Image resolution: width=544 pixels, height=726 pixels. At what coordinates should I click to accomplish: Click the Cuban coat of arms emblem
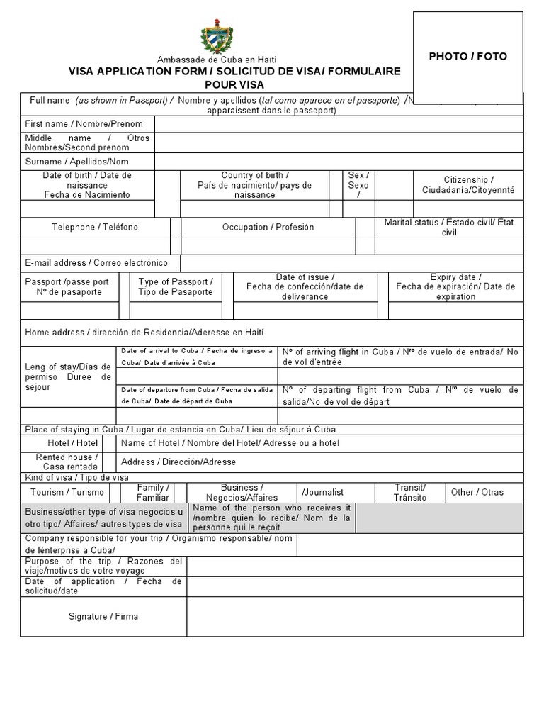tap(217, 37)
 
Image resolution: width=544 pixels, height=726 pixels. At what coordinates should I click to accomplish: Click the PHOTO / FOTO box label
tap(467, 57)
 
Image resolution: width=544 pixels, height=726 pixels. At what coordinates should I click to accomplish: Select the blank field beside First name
tap(339, 124)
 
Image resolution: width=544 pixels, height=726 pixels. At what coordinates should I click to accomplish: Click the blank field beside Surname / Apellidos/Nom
tap(339, 162)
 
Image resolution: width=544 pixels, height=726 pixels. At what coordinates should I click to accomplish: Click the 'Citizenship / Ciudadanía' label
tap(468, 185)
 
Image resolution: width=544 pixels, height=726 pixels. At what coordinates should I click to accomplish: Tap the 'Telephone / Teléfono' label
tap(95, 227)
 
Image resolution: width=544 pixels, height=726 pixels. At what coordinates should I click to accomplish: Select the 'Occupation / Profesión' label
tap(268, 227)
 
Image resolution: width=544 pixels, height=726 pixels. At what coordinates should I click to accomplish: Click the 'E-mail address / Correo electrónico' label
tap(96, 263)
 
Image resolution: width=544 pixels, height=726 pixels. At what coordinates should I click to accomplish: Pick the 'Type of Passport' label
tap(175, 286)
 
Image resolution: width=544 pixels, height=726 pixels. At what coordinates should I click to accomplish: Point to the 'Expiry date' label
tap(455, 286)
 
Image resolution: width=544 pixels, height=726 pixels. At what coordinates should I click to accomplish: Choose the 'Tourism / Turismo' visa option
tap(67, 492)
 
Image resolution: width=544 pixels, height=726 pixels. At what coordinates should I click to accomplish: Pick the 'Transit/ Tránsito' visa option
tap(410, 492)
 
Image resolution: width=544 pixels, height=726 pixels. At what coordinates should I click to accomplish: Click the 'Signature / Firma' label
tap(103, 616)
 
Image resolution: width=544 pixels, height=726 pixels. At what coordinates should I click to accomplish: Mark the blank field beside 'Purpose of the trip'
tap(354, 566)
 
